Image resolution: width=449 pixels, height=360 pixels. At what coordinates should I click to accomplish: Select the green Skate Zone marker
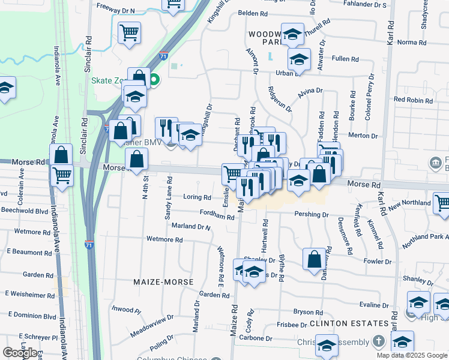pos(154,80)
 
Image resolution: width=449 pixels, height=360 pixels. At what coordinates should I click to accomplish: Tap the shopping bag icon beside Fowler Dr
pos(314,259)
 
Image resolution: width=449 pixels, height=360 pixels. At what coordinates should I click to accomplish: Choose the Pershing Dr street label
pos(312,214)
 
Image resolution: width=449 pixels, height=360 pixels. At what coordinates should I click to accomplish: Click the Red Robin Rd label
pos(413,100)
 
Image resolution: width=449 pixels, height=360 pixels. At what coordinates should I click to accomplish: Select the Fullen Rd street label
pos(345,59)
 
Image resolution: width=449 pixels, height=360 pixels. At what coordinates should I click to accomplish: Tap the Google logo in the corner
pos(19,353)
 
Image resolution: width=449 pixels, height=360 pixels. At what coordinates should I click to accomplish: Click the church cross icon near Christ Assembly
pos(378,341)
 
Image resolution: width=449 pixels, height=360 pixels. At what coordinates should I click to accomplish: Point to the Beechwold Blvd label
pos(25,211)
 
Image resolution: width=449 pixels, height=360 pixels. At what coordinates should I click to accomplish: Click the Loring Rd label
pos(197,197)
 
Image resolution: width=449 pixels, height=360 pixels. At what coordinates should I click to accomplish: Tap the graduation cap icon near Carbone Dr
pos(327,346)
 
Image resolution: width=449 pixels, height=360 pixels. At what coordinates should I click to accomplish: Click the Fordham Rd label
pos(217,217)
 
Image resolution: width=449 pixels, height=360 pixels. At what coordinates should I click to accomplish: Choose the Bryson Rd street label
pos(308,312)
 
